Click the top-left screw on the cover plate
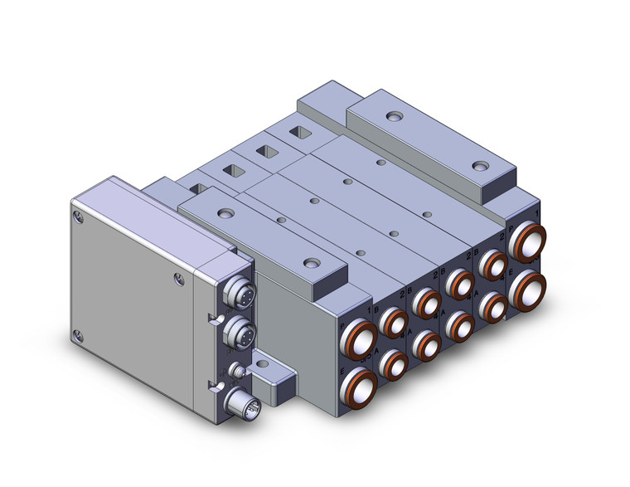click(x=78, y=218)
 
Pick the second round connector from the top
click(x=238, y=333)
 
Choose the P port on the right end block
click(x=527, y=242)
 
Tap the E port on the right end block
click(x=527, y=287)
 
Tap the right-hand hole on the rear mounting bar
click(x=479, y=166)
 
